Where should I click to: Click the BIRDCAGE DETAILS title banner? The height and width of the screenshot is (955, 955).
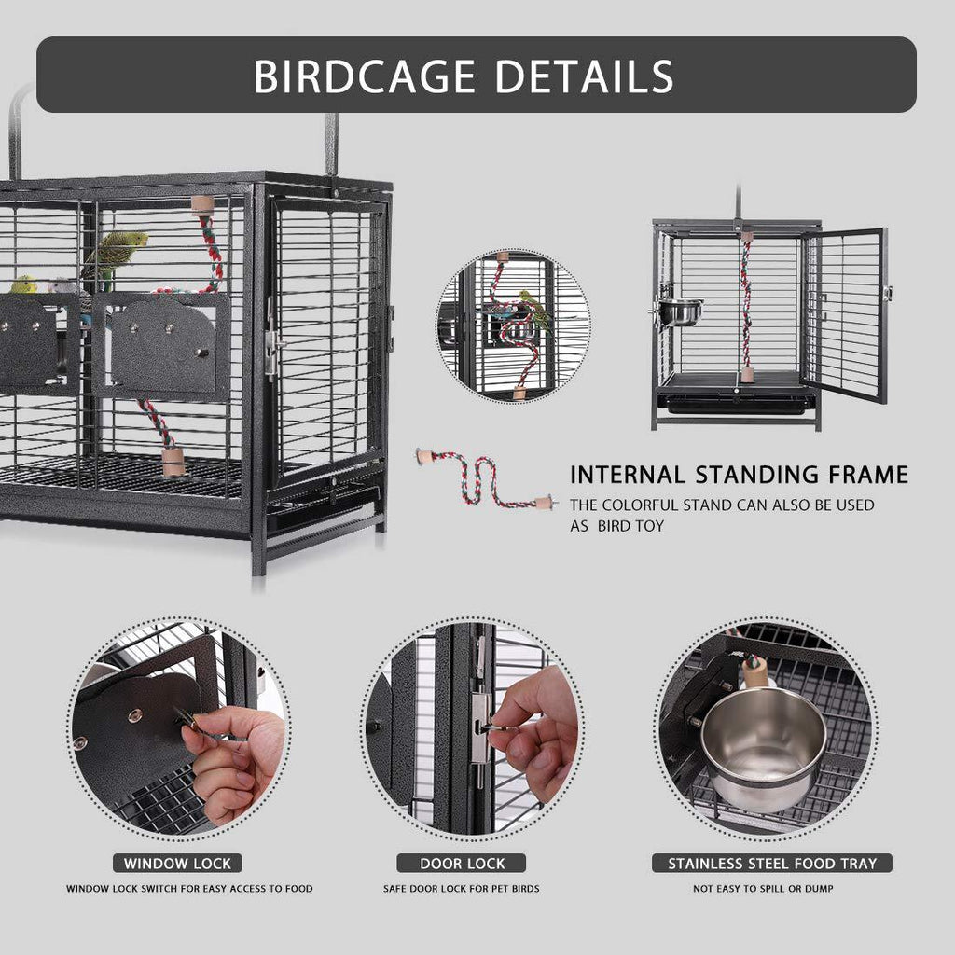point(476,75)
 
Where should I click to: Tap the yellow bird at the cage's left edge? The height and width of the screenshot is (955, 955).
point(23,284)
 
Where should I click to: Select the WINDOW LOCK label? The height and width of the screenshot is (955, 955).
point(177,863)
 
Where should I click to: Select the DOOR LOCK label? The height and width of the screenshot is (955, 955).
point(461,863)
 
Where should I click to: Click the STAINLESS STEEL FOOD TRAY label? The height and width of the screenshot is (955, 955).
point(772,863)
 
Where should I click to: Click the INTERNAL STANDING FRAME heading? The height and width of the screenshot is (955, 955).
point(739,475)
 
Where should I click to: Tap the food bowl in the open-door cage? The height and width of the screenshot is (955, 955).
point(681,312)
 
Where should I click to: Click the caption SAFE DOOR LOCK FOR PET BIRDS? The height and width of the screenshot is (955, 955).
point(461,889)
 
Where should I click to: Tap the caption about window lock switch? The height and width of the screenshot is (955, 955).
point(189,889)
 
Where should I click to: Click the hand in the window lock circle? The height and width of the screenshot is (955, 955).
point(228,755)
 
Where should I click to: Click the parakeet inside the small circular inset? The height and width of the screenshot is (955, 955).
point(534,310)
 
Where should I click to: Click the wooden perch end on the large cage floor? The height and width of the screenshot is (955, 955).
point(173,461)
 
